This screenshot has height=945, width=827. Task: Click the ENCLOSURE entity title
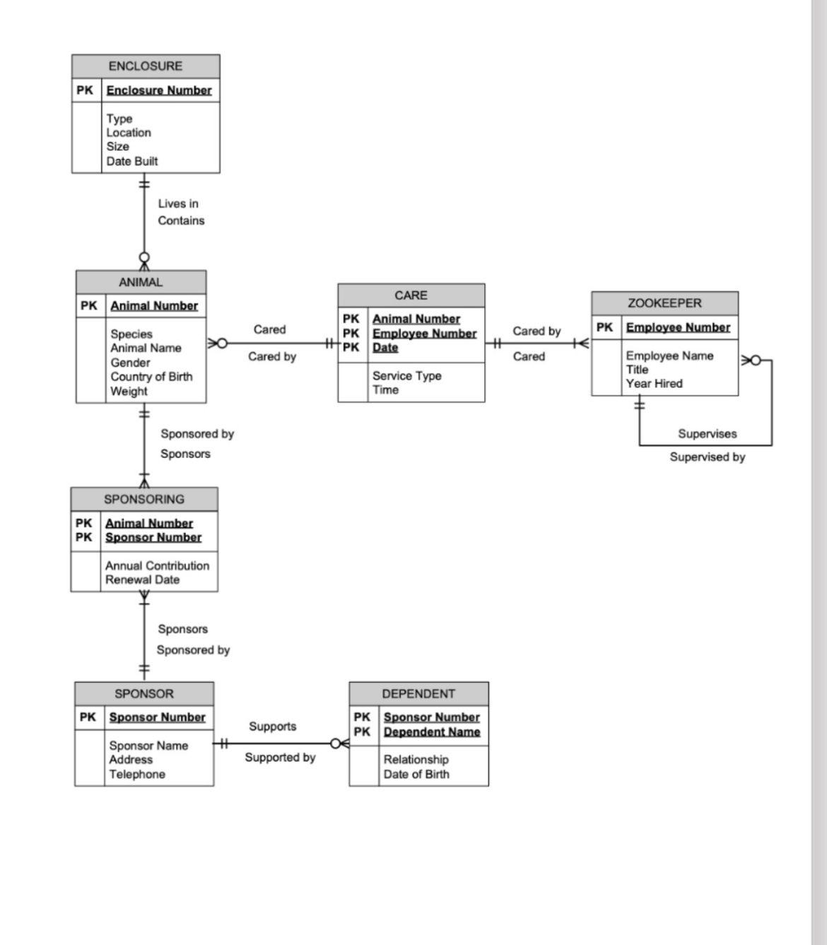tap(145, 66)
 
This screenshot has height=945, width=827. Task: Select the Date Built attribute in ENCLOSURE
tap(132, 161)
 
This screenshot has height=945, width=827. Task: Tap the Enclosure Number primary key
tap(159, 90)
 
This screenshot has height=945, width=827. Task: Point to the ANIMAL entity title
tap(141, 282)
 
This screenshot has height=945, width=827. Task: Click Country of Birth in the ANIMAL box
tap(151, 377)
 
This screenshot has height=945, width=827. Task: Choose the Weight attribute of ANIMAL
tap(129, 391)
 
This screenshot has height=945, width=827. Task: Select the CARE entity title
tap(411, 295)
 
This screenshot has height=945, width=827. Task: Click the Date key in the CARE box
tap(385, 348)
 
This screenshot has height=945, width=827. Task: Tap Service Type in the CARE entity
tap(406, 376)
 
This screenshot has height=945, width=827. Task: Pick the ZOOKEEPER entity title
tap(664, 303)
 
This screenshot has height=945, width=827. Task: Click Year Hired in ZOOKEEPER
tap(654, 384)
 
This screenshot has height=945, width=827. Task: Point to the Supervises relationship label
tap(707, 434)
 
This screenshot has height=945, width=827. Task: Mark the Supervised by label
tap(707, 457)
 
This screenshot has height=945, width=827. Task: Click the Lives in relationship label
tap(178, 204)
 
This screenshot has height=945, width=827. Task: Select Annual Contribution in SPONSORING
tap(157, 565)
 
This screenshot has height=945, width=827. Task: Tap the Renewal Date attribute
tap(142, 580)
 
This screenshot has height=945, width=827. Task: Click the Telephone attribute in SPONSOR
tap(137, 775)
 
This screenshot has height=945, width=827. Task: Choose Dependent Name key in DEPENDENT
tap(431, 732)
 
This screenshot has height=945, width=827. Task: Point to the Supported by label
tap(280, 758)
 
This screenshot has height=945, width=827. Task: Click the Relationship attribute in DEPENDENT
tap(416, 760)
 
